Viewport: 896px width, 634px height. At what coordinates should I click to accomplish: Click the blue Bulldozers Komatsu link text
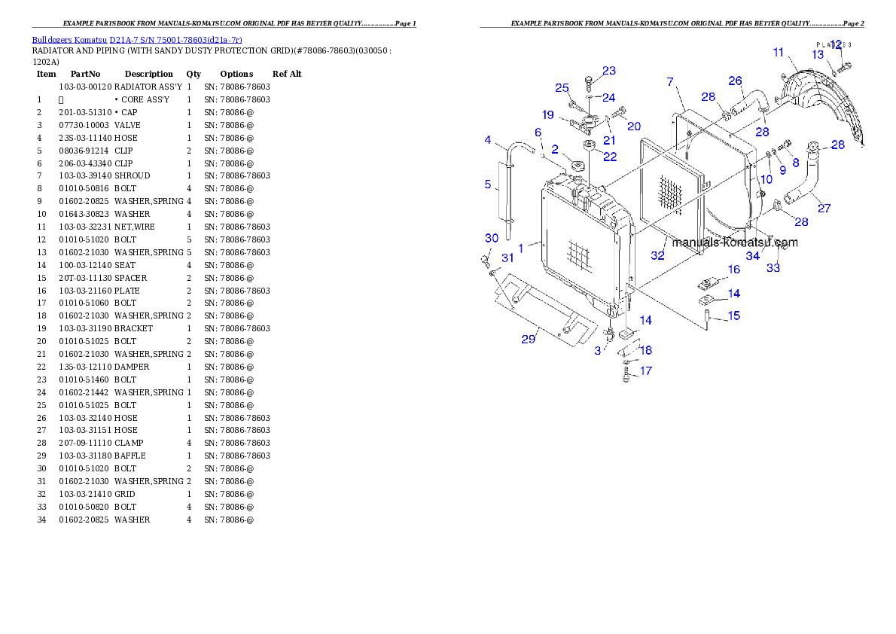(x=136, y=39)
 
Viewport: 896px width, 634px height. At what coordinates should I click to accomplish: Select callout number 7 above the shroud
(x=670, y=81)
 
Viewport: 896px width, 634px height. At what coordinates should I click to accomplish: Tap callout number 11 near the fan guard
(x=779, y=53)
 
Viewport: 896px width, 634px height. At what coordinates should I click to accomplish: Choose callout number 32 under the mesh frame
(x=658, y=256)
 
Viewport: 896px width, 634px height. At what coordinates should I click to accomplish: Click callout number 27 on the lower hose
(x=824, y=208)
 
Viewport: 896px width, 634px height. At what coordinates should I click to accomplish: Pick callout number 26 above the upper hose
(x=735, y=81)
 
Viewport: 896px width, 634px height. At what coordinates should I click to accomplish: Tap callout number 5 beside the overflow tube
(x=487, y=184)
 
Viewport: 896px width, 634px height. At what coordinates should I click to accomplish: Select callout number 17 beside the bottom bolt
(x=645, y=370)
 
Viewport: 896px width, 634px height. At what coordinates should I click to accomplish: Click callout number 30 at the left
(x=491, y=238)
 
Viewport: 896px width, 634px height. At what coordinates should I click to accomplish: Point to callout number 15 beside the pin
(x=733, y=315)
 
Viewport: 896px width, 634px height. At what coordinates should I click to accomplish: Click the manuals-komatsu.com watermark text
(x=735, y=242)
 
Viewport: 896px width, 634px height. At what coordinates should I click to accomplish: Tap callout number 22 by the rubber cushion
(x=609, y=157)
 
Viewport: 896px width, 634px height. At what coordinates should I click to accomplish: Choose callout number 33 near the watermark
(x=773, y=268)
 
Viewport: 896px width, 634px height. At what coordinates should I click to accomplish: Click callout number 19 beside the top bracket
(x=548, y=114)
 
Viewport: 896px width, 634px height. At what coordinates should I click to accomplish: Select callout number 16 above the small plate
(x=733, y=270)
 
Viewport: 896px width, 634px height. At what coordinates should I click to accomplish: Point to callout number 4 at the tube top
(x=488, y=140)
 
